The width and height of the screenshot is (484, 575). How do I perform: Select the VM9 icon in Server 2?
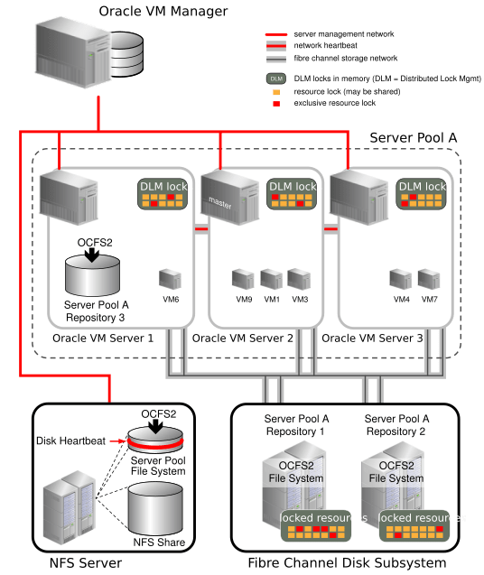243,278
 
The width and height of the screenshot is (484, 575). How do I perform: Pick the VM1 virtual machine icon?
272,278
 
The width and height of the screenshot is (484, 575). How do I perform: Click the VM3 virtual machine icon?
300,278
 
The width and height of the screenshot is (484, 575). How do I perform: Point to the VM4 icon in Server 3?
402,278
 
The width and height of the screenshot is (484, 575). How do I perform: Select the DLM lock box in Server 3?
422,194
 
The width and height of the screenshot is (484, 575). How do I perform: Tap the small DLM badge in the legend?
276,79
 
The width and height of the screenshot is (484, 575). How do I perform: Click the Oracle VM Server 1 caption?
102,339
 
